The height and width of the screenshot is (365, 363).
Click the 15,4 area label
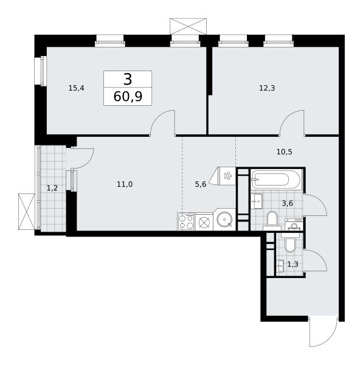pos(77,88)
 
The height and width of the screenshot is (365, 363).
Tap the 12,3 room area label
pos(267,88)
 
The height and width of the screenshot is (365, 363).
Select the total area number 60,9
pos(128,97)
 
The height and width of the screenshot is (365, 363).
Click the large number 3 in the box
pos(128,79)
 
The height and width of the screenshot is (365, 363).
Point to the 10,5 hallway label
pos(285,152)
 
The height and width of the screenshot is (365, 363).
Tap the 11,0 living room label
pos(125,184)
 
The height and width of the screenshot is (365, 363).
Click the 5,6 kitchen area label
pos(201,184)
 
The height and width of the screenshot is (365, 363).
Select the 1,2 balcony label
pos(52,188)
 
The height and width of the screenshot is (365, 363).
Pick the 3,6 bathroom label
pos(288,204)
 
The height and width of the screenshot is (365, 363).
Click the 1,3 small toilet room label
pos(292,265)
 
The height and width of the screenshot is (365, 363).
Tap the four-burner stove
pos(186,221)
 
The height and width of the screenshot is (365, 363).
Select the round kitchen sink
pos(224,220)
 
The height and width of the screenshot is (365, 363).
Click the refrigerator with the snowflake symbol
pos(223,176)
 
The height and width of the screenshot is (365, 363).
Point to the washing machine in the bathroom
pos(294,224)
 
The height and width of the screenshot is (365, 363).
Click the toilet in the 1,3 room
pos(290,243)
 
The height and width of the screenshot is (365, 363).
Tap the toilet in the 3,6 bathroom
pos(272,220)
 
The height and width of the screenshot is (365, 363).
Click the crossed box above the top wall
pos(188,26)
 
